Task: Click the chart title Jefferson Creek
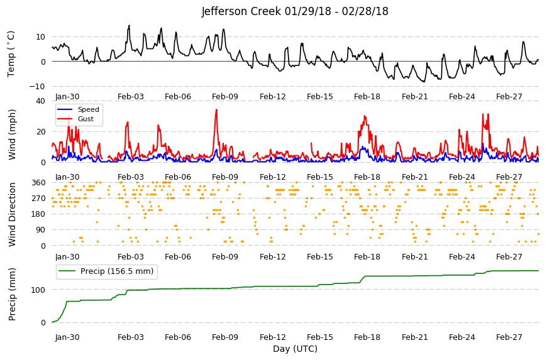pyautogui.click(x=295, y=11)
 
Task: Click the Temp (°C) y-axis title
pyautogui.click(x=11, y=54)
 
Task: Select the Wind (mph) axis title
pyautogui.click(x=12, y=134)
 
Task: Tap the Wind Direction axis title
pyautogui.click(x=12, y=214)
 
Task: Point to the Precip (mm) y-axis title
pyautogui.click(x=12, y=295)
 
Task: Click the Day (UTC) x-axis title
pyautogui.click(x=295, y=349)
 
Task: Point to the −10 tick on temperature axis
pyautogui.click(x=37, y=87)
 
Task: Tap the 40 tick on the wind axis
pyautogui.click(x=40, y=101)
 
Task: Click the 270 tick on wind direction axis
pyautogui.click(x=39, y=199)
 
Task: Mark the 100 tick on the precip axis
pyautogui.click(x=39, y=290)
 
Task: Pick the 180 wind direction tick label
pyautogui.click(x=39, y=214)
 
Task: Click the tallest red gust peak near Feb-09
pyautogui.click(x=217, y=110)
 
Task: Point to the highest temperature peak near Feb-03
pyautogui.click(x=129, y=25)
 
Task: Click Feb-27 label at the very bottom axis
pyautogui.click(x=509, y=337)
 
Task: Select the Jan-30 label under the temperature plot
pyautogui.click(x=67, y=97)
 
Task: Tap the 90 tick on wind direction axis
pyautogui.click(x=41, y=230)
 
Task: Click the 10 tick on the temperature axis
pyautogui.click(x=40, y=36)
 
